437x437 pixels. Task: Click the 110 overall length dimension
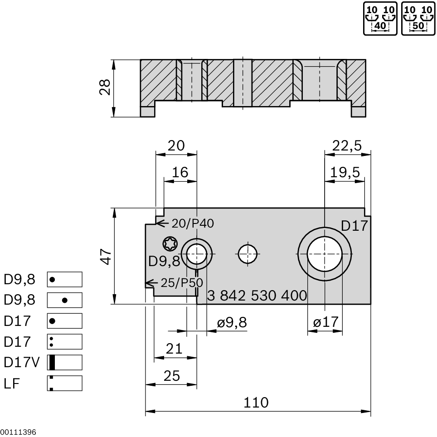(x=256, y=402)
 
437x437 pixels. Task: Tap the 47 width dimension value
(x=105, y=257)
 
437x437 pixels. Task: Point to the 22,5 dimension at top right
(x=347, y=146)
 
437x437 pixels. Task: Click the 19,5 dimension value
(x=345, y=172)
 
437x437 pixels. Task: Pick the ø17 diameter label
(x=325, y=322)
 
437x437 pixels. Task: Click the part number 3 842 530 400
(x=257, y=296)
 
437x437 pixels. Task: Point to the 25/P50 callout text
(x=181, y=283)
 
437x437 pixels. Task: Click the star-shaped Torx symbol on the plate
(x=170, y=244)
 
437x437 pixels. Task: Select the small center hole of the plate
(x=248, y=254)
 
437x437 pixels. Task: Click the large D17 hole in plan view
(x=324, y=254)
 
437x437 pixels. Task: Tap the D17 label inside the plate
(x=354, y=226)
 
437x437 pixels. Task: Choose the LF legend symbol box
(x=64, y=383)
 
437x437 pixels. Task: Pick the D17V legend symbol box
(x=64, y=362)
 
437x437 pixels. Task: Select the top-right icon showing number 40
(x=381, y=19)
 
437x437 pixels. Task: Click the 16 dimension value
(x=180, y=172)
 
